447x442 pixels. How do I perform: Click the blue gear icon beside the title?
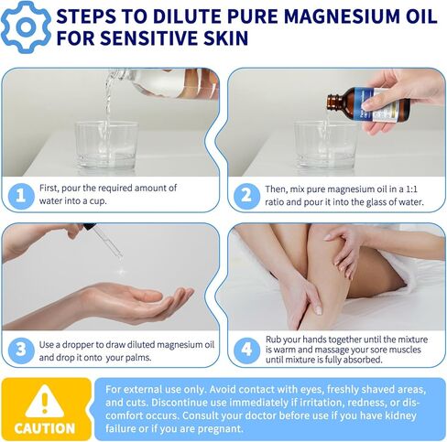point(26,26)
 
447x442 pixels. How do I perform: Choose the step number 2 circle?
point(245,194)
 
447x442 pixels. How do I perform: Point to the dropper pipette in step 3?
point(105,242)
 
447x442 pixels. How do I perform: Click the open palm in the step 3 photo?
point(137,301)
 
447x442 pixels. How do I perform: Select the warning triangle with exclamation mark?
point(44,401)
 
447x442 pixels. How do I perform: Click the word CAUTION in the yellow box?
point(45,427)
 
